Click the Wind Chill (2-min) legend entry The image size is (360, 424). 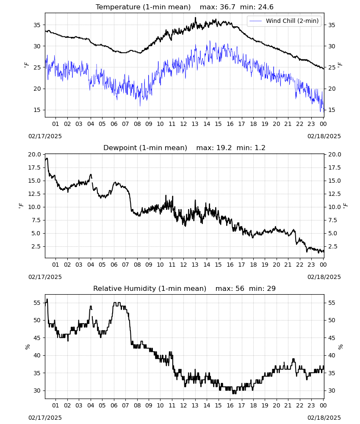284,21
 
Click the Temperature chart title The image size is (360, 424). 143,7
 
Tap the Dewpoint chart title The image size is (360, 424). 145,148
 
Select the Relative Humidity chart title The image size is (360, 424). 150,288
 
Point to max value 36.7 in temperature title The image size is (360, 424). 227,7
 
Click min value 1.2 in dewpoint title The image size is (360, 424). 260,148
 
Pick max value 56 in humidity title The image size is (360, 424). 240,288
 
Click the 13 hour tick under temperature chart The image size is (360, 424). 195,124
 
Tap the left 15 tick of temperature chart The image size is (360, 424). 37,110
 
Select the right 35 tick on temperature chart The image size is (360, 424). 332,25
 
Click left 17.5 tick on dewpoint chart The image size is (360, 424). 35,167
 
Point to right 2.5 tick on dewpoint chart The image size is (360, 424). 332,246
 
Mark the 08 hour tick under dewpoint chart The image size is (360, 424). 137,265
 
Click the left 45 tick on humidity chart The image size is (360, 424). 37,338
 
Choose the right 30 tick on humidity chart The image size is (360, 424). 332,391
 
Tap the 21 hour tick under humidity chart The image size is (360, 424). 288,405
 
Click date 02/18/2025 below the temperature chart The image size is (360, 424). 324,136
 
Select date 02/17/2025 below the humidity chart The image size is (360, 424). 45,418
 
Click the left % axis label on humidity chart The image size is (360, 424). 27,347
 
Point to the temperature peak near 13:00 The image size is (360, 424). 196,18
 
